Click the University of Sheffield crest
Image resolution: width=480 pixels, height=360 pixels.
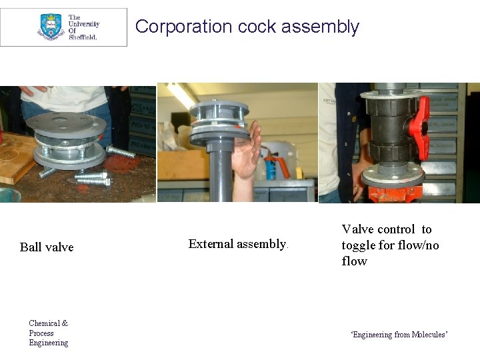point(51,27)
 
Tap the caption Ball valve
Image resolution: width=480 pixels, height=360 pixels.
point(47,247)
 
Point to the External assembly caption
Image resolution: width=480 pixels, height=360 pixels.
point(237,244)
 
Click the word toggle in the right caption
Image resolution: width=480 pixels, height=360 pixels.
point(359,245)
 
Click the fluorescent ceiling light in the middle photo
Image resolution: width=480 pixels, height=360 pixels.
point(181,94)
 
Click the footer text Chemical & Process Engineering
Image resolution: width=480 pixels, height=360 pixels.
point(48,333)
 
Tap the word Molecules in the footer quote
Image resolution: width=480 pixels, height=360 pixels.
point(429,335)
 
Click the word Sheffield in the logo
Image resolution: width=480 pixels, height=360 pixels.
point(83,37)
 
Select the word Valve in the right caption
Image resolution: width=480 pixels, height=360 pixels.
point(357,229)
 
